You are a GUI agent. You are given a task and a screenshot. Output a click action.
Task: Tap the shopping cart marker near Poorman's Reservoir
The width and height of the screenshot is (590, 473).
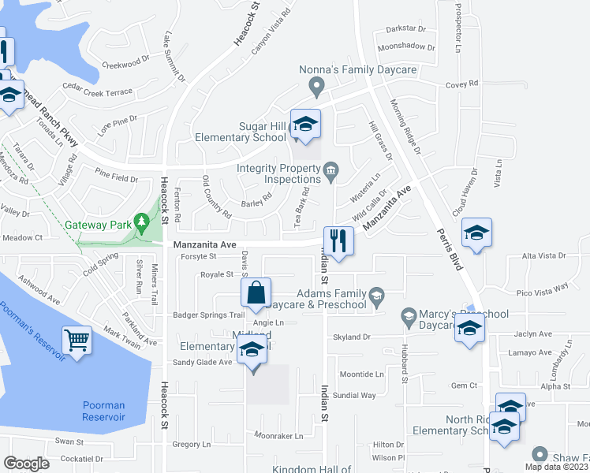tap(77, 341)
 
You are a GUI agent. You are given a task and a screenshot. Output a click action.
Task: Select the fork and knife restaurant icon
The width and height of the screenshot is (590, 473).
tap(338, 241)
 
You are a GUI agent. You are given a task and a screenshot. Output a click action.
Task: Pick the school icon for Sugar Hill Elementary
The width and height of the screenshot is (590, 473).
tap(305, 125)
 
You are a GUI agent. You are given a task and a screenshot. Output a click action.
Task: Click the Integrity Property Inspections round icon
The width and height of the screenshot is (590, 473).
tap(330, 169)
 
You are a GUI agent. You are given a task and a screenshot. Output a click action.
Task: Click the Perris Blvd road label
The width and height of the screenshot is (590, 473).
tap(449, 251)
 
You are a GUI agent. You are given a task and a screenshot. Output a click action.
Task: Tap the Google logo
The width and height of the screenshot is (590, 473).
tap(26, 464)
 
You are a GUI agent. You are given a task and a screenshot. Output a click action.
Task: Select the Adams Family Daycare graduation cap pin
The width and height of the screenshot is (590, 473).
tap(377, 296)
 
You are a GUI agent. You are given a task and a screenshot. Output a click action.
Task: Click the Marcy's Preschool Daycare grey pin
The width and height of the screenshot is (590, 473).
tap(409, 317)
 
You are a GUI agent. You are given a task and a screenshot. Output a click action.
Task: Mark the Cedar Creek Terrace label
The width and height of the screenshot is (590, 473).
tap(97, 92)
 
